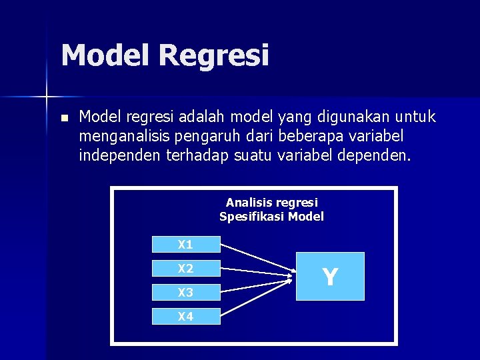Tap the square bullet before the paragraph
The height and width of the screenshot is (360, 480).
pos(63,119)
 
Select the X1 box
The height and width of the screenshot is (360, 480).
pos(186,245)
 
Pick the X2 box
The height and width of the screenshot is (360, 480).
pos(186,269)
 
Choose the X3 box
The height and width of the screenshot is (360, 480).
pos(186,293)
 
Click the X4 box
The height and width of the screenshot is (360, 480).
pos(186,317)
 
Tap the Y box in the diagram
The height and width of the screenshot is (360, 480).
pos(330,276)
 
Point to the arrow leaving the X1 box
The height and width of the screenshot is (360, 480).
pos(257,257)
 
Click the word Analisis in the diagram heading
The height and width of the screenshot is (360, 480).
pos(248,202)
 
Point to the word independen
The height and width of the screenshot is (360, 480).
pos(117,156)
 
